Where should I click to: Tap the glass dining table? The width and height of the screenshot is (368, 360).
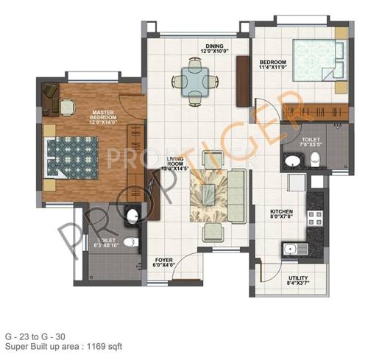point(196,80)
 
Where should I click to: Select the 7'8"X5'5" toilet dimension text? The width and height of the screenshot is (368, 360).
point(308,144)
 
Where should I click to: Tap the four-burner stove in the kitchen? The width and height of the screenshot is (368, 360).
point(316,218)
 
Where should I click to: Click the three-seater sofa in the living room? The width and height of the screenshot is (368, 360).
point(238,188)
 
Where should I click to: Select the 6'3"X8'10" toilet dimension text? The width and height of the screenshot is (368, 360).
point(97,247)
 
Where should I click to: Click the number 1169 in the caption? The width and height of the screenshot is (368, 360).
point(93,345)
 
